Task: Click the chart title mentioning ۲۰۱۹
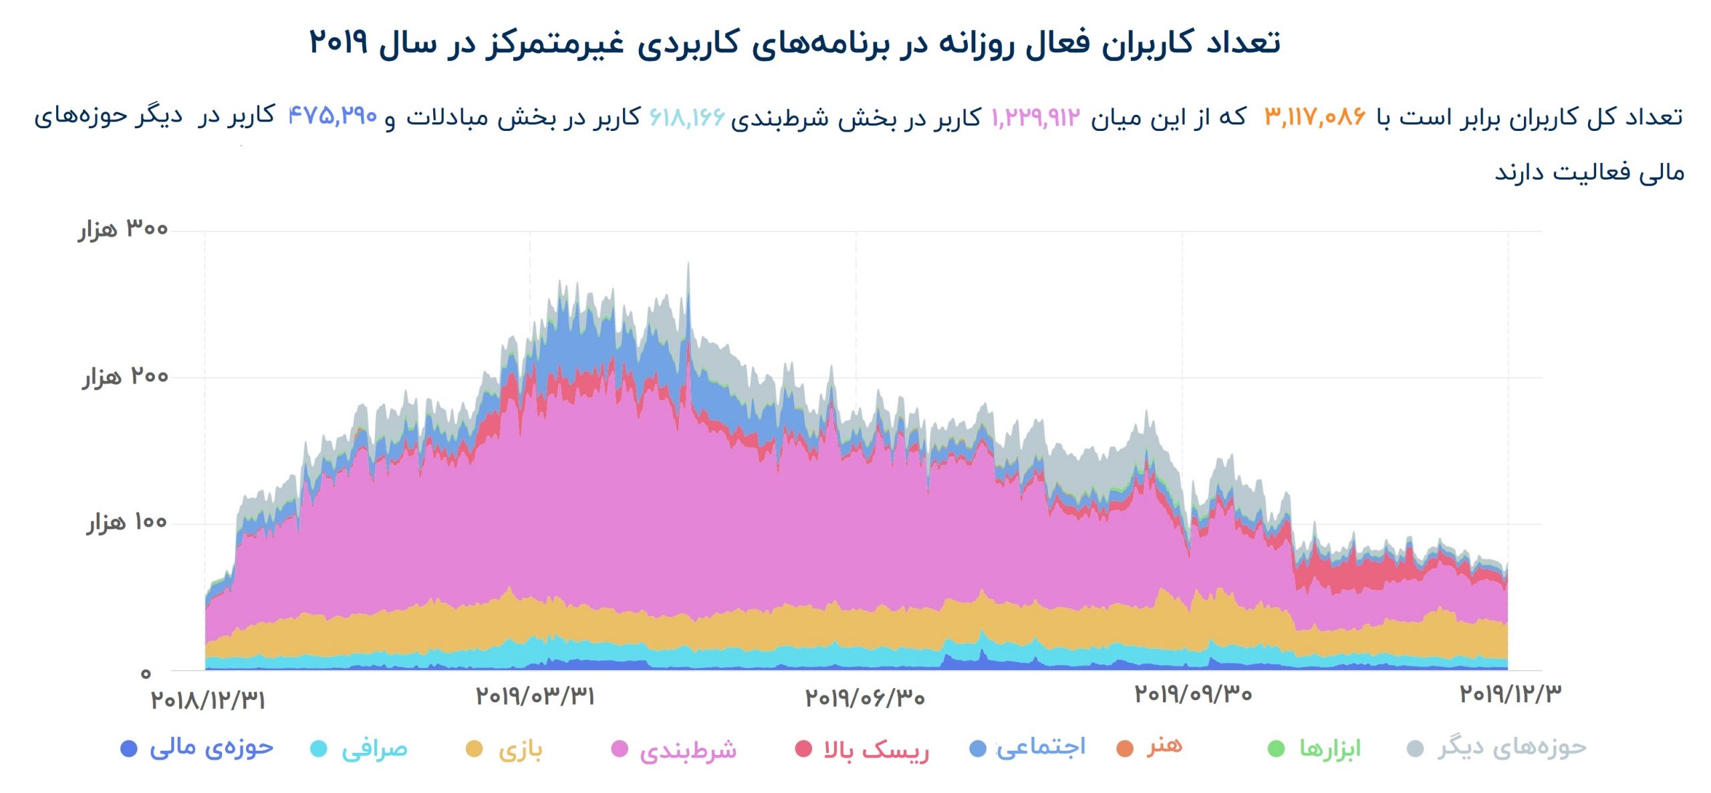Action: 794,43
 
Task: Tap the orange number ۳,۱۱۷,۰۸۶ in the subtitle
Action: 1315,118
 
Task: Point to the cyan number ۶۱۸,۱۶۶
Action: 687,118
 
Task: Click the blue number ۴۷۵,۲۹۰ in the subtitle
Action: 333,116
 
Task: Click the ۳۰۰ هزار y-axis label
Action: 124,229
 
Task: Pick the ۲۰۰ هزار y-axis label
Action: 126,377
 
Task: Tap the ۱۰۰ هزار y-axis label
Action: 127,522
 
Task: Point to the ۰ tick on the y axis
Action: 146,673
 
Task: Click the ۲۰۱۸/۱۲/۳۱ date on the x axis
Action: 208,700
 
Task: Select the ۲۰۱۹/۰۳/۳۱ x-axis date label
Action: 535,697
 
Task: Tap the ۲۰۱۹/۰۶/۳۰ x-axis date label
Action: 865,698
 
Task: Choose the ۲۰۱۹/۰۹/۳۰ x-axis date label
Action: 1193,695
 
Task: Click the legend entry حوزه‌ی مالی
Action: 211,748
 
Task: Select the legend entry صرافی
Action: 374,749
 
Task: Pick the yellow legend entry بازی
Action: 519,749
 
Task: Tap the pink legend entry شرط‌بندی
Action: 687,750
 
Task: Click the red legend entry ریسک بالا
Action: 876,750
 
